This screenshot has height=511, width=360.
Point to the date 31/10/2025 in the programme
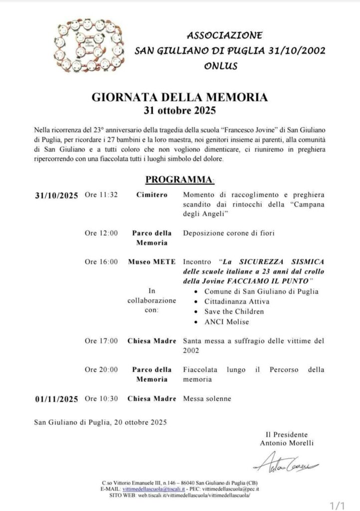pos(57,195)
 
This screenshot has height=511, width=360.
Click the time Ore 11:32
pos(101,195)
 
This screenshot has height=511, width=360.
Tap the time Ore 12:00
pos(101,233)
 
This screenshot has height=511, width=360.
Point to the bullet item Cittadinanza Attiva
pos(238,301)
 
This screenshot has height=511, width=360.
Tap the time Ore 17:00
pos(101,341)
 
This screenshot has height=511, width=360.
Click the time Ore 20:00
pos(101,370)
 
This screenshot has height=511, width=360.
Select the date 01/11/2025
pos(57,399)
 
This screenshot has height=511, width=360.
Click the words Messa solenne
pos(207,399)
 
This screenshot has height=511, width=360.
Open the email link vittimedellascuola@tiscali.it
pos(148,489)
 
